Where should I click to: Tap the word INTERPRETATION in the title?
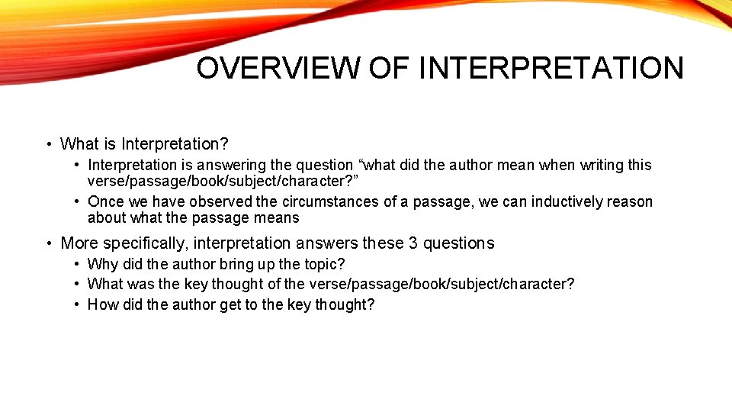551,68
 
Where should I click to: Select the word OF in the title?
390,68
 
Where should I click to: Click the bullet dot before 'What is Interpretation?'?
48,144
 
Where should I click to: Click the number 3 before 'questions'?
413,243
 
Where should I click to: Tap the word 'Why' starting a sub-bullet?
101,264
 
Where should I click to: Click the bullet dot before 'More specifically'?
48,244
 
